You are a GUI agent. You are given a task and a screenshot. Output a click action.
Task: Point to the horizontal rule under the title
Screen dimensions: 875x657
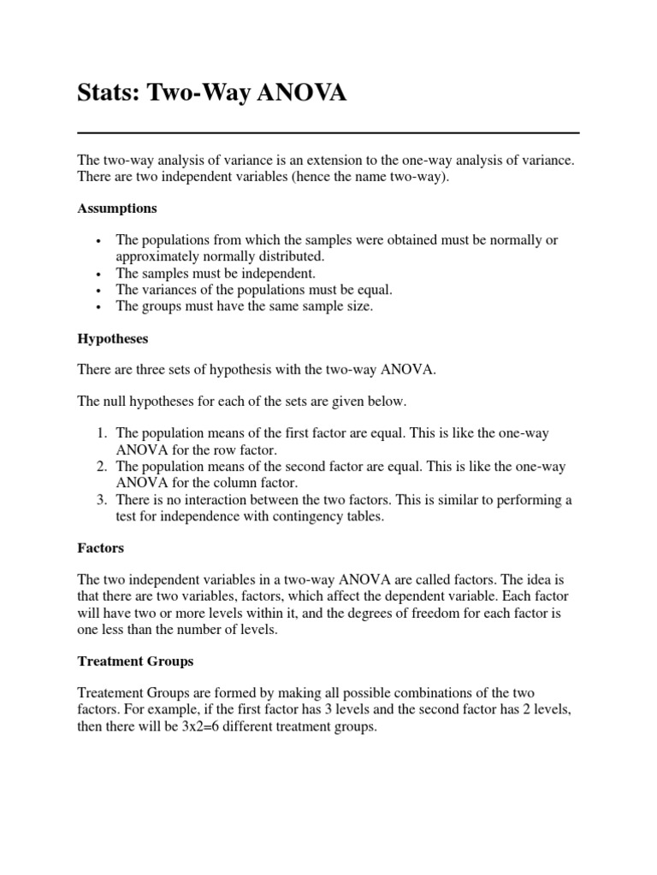point(328,133)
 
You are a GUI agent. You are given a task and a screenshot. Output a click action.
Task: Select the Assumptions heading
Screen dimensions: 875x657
point(117,208)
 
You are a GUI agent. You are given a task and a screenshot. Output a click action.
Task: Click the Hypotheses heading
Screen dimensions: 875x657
point(113,338)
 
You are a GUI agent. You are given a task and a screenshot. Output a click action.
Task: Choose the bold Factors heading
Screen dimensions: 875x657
point(102,547)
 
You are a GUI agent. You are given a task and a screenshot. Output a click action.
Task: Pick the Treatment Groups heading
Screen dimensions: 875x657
point(135,661)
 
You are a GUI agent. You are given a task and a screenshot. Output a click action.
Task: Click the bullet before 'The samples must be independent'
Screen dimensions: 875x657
point(101,274)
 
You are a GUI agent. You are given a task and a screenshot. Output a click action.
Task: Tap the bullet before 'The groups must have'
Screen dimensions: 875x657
point(101,307)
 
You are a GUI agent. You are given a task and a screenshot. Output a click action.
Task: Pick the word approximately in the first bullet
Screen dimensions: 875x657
point(157,257)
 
